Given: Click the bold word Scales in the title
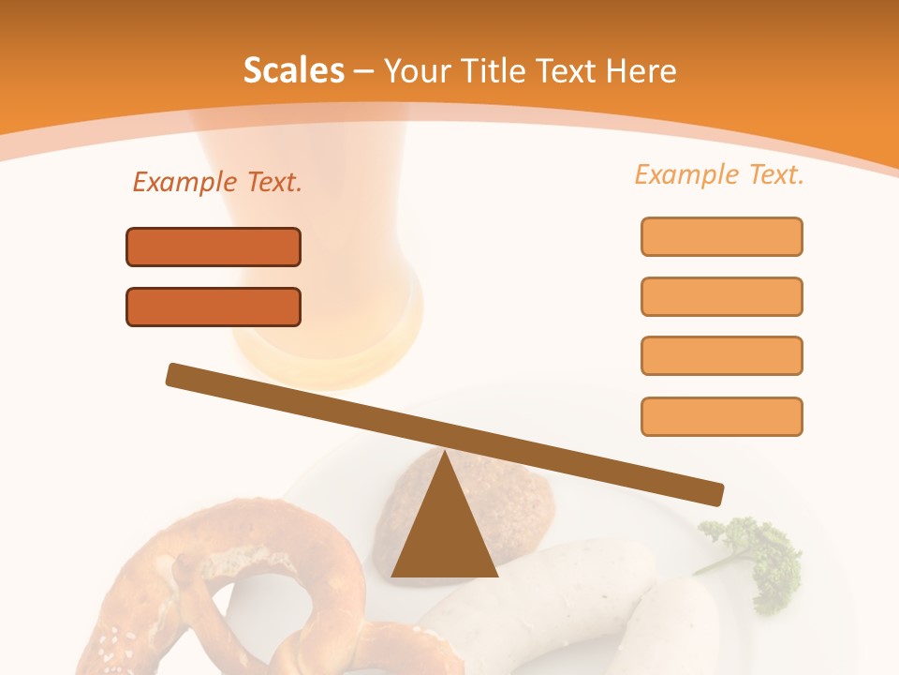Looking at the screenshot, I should pyautogui.click(x=293, y=70).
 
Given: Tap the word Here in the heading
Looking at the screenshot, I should pyautogui.click(x=641, y=70).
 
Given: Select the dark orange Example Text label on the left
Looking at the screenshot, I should pyautogui.click(x=217, y=183).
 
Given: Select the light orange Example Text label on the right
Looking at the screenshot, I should pyautogui.click(x=719, y=174).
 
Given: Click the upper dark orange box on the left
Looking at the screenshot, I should pyautogui.click(x=214, y=247).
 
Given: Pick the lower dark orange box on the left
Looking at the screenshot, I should pyautogui.click(x=214, y=307).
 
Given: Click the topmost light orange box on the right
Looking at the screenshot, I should pyautogui.click(x=721, y=236).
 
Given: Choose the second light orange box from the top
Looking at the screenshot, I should pyautogui.click(x=721, y=296).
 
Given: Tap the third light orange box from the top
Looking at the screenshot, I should pyautogui.click(x=721, y=355).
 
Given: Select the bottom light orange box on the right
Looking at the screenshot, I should pyautogui.click(x=721, y=416).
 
